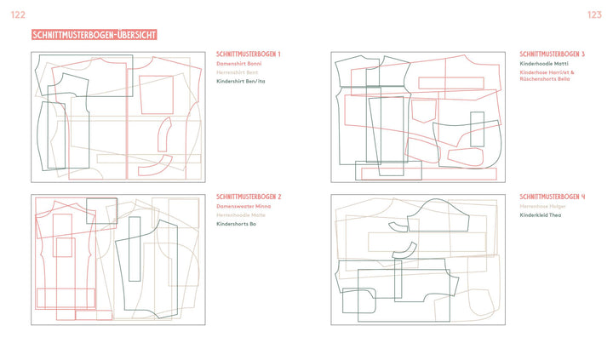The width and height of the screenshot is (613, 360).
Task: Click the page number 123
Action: point(595,15)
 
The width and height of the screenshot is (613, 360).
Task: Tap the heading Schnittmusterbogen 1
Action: point(249,54)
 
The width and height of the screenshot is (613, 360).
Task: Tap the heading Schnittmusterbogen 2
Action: point(249,197)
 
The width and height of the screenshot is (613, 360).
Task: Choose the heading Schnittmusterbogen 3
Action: point(553,54)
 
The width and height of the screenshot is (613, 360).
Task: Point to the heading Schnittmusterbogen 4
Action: point(553,197)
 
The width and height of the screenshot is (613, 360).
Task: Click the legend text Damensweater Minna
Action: point(243,206)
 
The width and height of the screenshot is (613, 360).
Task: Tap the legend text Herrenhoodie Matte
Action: point(241,215)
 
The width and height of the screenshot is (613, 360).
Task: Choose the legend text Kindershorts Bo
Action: point(237,225)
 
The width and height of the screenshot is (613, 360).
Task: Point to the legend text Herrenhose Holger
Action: point(541,206)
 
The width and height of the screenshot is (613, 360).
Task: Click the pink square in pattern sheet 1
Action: point(157,94)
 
